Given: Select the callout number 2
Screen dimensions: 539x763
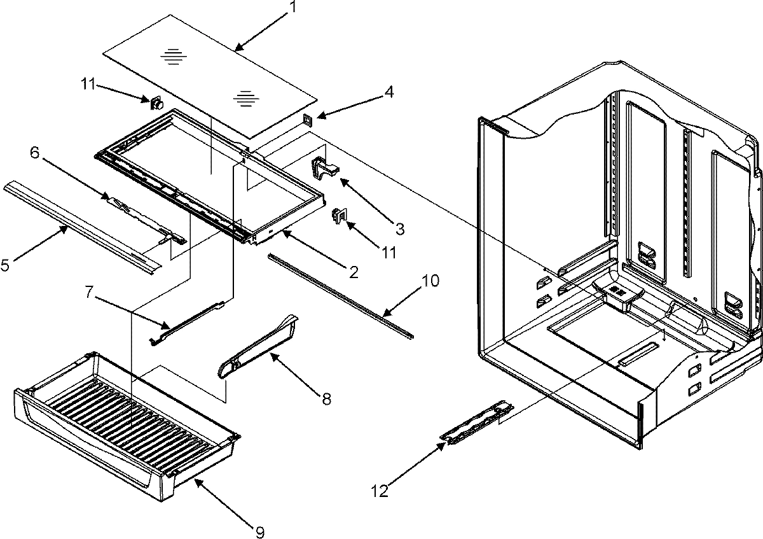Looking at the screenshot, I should tap(350, 273).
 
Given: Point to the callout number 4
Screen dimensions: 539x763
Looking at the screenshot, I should tap(388, 93).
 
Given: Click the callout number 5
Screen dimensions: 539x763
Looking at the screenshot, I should tap(6, 265).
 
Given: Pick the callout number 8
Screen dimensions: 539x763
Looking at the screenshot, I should tap(326, 399).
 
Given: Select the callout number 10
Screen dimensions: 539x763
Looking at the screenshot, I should tap(430, 281).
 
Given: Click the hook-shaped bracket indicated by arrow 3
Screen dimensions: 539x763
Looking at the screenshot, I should tap(324, 167).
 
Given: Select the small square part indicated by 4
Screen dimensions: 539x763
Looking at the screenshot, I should tap(308, 119).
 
